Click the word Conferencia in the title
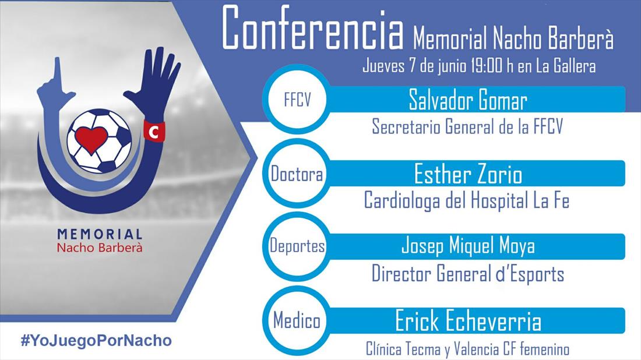click(x=313, y=29)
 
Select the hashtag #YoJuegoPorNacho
click(x=97, y=340)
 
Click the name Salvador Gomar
click(x=468, y=100)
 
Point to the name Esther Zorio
click(x=468, y=174)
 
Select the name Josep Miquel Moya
click(x=468, y=246)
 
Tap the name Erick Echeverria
click(x=468, y=321)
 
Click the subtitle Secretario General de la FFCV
click(x=467, y=126)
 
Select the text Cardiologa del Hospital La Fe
click(x=466, y=200)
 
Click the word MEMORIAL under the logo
click(x=100, y=234)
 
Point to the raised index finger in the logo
click(x=57, y=73)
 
